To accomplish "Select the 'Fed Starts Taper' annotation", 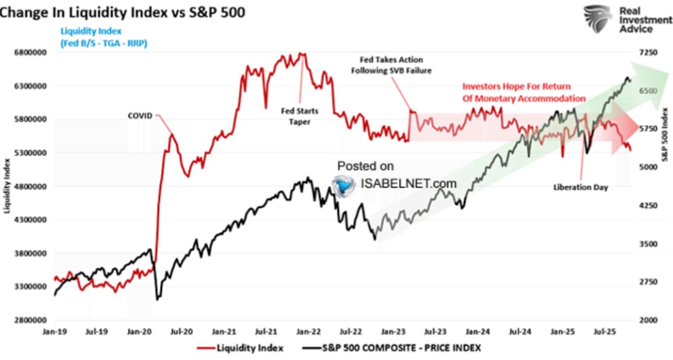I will coord(300,116).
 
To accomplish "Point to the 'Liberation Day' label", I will coord(581,187).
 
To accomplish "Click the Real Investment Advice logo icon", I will coord(597,19).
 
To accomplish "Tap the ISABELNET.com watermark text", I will coord(409,184).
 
